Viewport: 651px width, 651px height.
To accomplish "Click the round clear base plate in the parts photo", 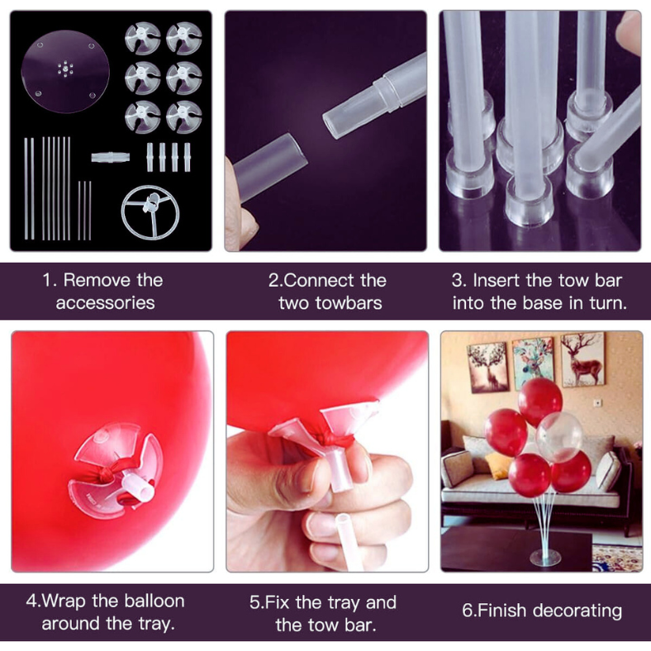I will [x=64, y=73].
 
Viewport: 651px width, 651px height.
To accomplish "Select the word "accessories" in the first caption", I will [x=105, y=303].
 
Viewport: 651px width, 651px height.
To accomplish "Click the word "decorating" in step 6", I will [x=577, y=611].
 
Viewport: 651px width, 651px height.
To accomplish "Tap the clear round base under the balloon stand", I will [x=545, y=558].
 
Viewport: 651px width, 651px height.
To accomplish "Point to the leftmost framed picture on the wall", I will [x=487, y=367].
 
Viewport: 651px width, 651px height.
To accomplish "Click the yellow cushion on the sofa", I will [x=499, y=466].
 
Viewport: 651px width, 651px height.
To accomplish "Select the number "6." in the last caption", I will [x=469, y=611].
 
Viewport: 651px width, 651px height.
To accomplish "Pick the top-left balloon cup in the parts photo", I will [x=142, y=38].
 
